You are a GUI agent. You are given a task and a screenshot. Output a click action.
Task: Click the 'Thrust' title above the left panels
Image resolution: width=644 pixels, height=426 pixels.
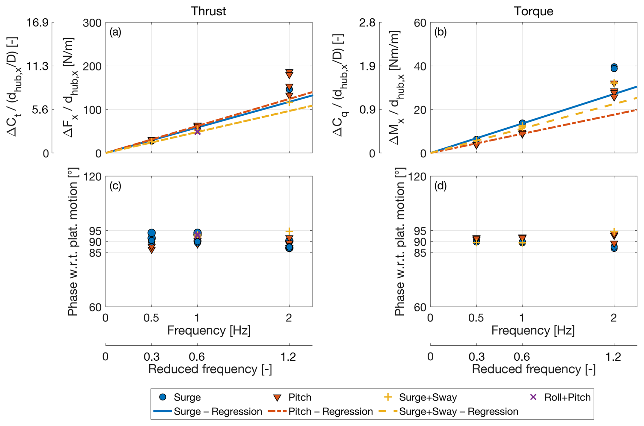pos(208,11)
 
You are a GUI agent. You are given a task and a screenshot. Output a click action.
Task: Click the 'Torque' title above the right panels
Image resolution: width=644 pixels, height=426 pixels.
pos(533,11)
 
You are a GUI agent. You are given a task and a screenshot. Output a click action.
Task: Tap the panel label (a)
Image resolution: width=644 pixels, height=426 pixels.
pos(115,32)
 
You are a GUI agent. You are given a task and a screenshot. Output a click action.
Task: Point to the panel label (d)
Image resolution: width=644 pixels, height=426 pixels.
pos(440,186)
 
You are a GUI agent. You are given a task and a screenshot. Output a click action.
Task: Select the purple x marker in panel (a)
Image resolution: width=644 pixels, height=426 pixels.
pos(197,131)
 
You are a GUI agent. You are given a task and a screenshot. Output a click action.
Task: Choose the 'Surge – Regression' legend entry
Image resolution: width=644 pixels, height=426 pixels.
pos(208,412)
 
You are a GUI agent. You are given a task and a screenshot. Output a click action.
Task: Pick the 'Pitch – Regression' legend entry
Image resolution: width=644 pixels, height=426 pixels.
pos(321,412)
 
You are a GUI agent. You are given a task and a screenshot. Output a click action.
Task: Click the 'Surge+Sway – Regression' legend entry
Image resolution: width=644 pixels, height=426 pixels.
pos(449,412)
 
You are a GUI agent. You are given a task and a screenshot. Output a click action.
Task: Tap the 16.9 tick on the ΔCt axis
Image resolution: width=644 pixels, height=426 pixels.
pos(37,23)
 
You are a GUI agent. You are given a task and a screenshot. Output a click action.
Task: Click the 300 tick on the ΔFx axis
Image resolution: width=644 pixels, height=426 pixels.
pos(92,23)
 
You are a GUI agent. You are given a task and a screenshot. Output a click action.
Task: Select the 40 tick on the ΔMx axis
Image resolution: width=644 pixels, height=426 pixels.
pos(420,66)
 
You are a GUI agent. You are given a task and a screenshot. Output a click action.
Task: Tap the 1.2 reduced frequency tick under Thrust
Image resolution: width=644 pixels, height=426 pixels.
pos(289,357)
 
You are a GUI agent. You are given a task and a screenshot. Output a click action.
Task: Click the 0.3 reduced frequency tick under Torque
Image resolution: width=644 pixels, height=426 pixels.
pos(476,357)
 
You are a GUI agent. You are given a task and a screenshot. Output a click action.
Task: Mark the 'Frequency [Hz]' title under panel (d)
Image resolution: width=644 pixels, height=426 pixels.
pos(533,330)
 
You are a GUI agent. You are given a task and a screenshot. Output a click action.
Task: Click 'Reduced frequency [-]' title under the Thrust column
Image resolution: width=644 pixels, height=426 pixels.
pos(210,369)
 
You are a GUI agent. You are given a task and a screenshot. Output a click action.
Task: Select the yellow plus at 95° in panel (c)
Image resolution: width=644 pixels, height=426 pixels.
pos(289,231)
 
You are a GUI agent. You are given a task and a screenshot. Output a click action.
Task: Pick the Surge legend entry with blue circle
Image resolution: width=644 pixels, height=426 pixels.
pos(180,397)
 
